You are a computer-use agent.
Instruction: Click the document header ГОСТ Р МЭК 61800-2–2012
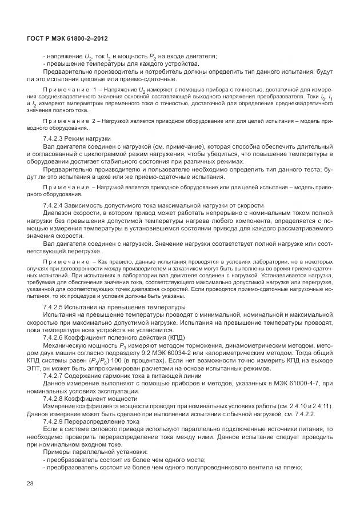click(67, 38)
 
